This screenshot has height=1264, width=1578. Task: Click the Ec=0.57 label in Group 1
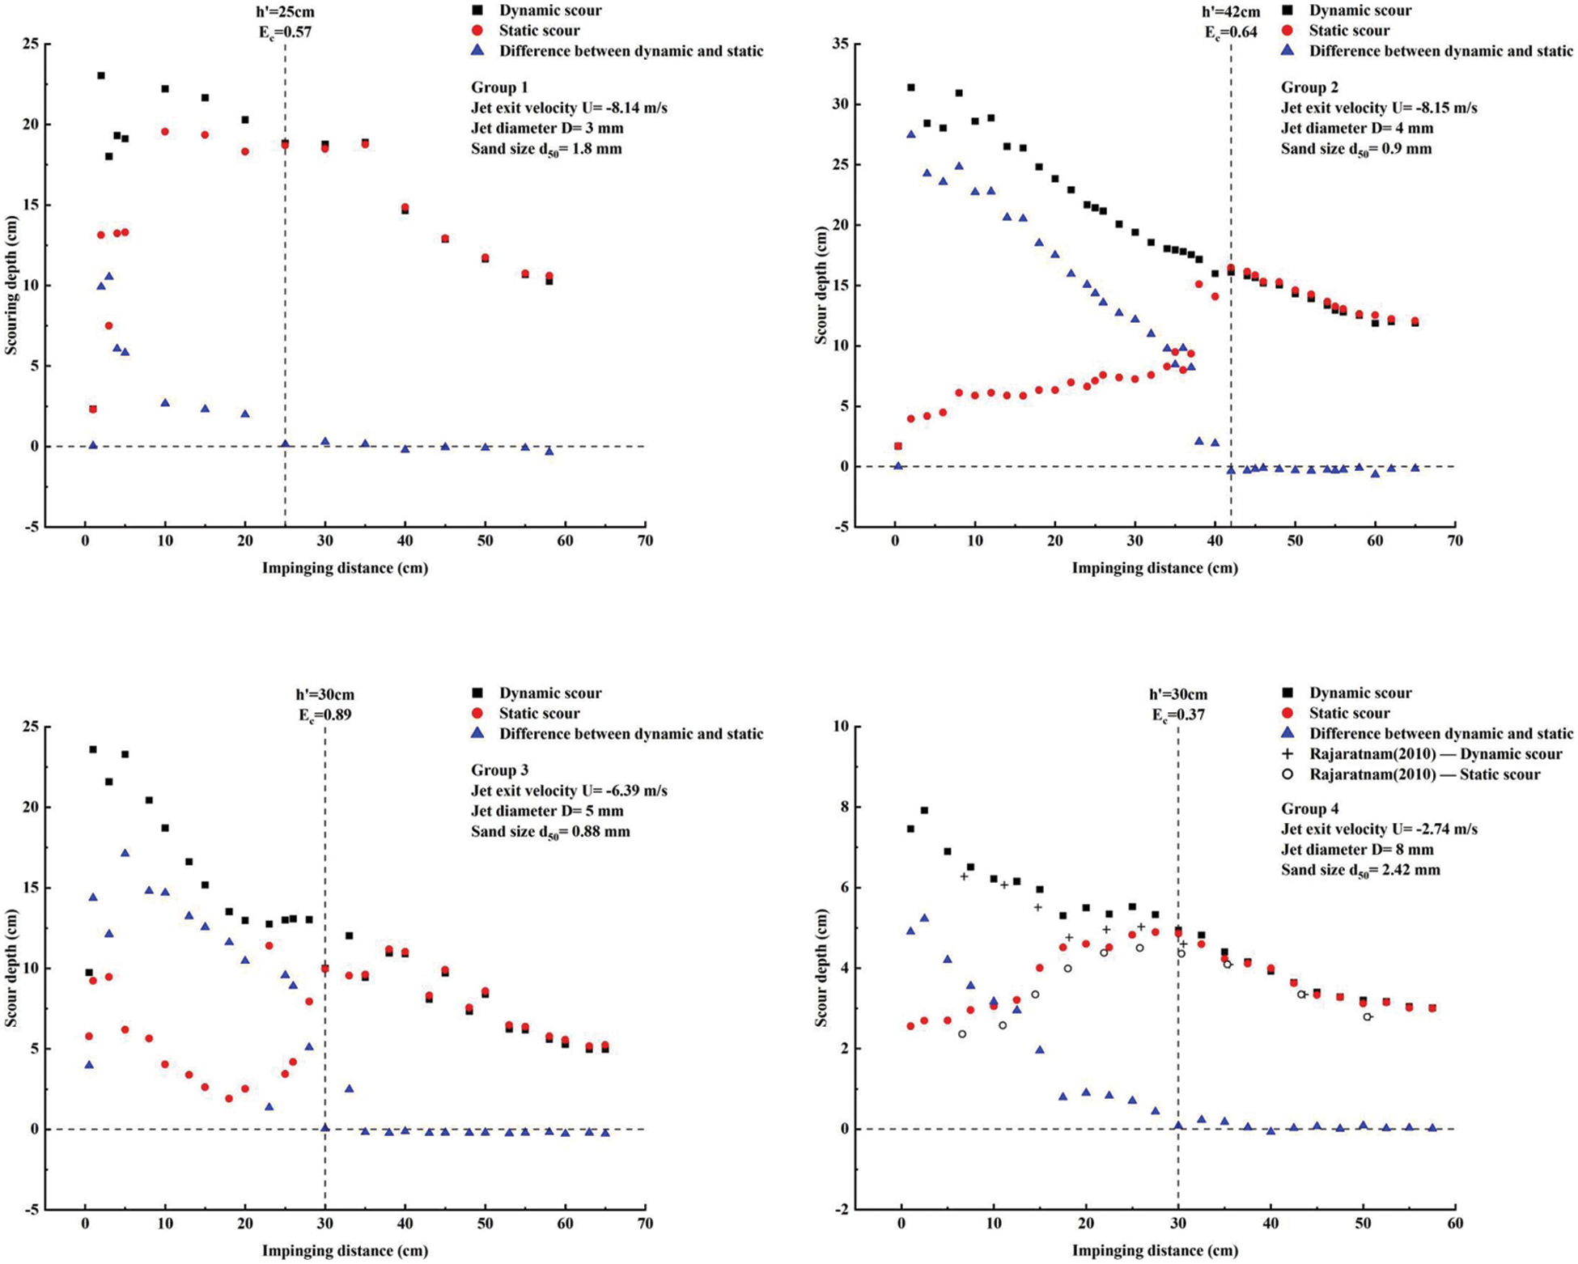[284, 32]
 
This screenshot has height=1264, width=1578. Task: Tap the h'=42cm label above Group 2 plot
[1230, 11]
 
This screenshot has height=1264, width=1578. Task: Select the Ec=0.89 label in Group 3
[325, 715]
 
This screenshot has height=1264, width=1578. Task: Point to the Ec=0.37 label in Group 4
[1177, 715]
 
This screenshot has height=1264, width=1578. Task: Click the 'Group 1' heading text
[499, 87]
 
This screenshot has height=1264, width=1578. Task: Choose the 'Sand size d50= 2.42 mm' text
[1360, 870]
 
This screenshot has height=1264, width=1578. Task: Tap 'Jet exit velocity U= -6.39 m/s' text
[569, 791]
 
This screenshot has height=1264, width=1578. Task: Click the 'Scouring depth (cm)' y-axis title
[11, 285]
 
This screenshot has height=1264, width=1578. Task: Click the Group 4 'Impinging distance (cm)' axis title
[1155, 1250]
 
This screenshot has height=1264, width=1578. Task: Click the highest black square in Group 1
[101, 75]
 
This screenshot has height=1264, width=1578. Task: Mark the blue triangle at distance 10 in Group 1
[165, 402]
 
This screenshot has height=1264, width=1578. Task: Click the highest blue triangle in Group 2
[911, 134]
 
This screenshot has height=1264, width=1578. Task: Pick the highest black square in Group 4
[924, 810]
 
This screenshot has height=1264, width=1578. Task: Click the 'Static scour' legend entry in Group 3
[539, 713]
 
